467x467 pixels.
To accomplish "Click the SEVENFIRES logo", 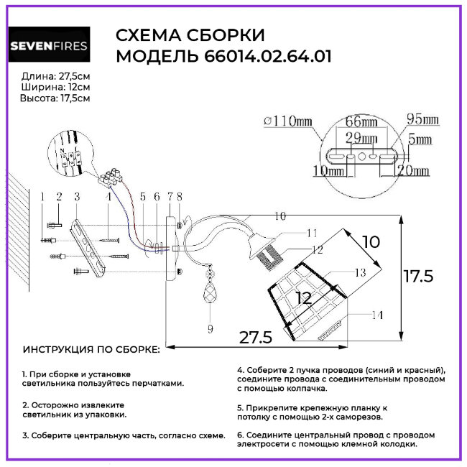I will tap(49, 47).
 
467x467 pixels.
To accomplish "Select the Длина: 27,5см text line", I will tap(56, 75).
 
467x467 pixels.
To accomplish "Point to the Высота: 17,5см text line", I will tap(55, 98).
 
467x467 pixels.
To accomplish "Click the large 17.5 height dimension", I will tap(417, 276).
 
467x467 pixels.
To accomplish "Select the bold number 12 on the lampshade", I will tap(304, 297).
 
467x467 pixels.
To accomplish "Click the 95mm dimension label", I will tap(423, 119).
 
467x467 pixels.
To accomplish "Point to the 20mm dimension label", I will tap(415, 171).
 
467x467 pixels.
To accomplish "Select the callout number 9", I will tap(211, 329).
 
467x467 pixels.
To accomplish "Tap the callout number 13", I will tap(359, 272).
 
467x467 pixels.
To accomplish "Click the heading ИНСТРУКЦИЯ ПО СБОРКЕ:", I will tap(92, 349).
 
